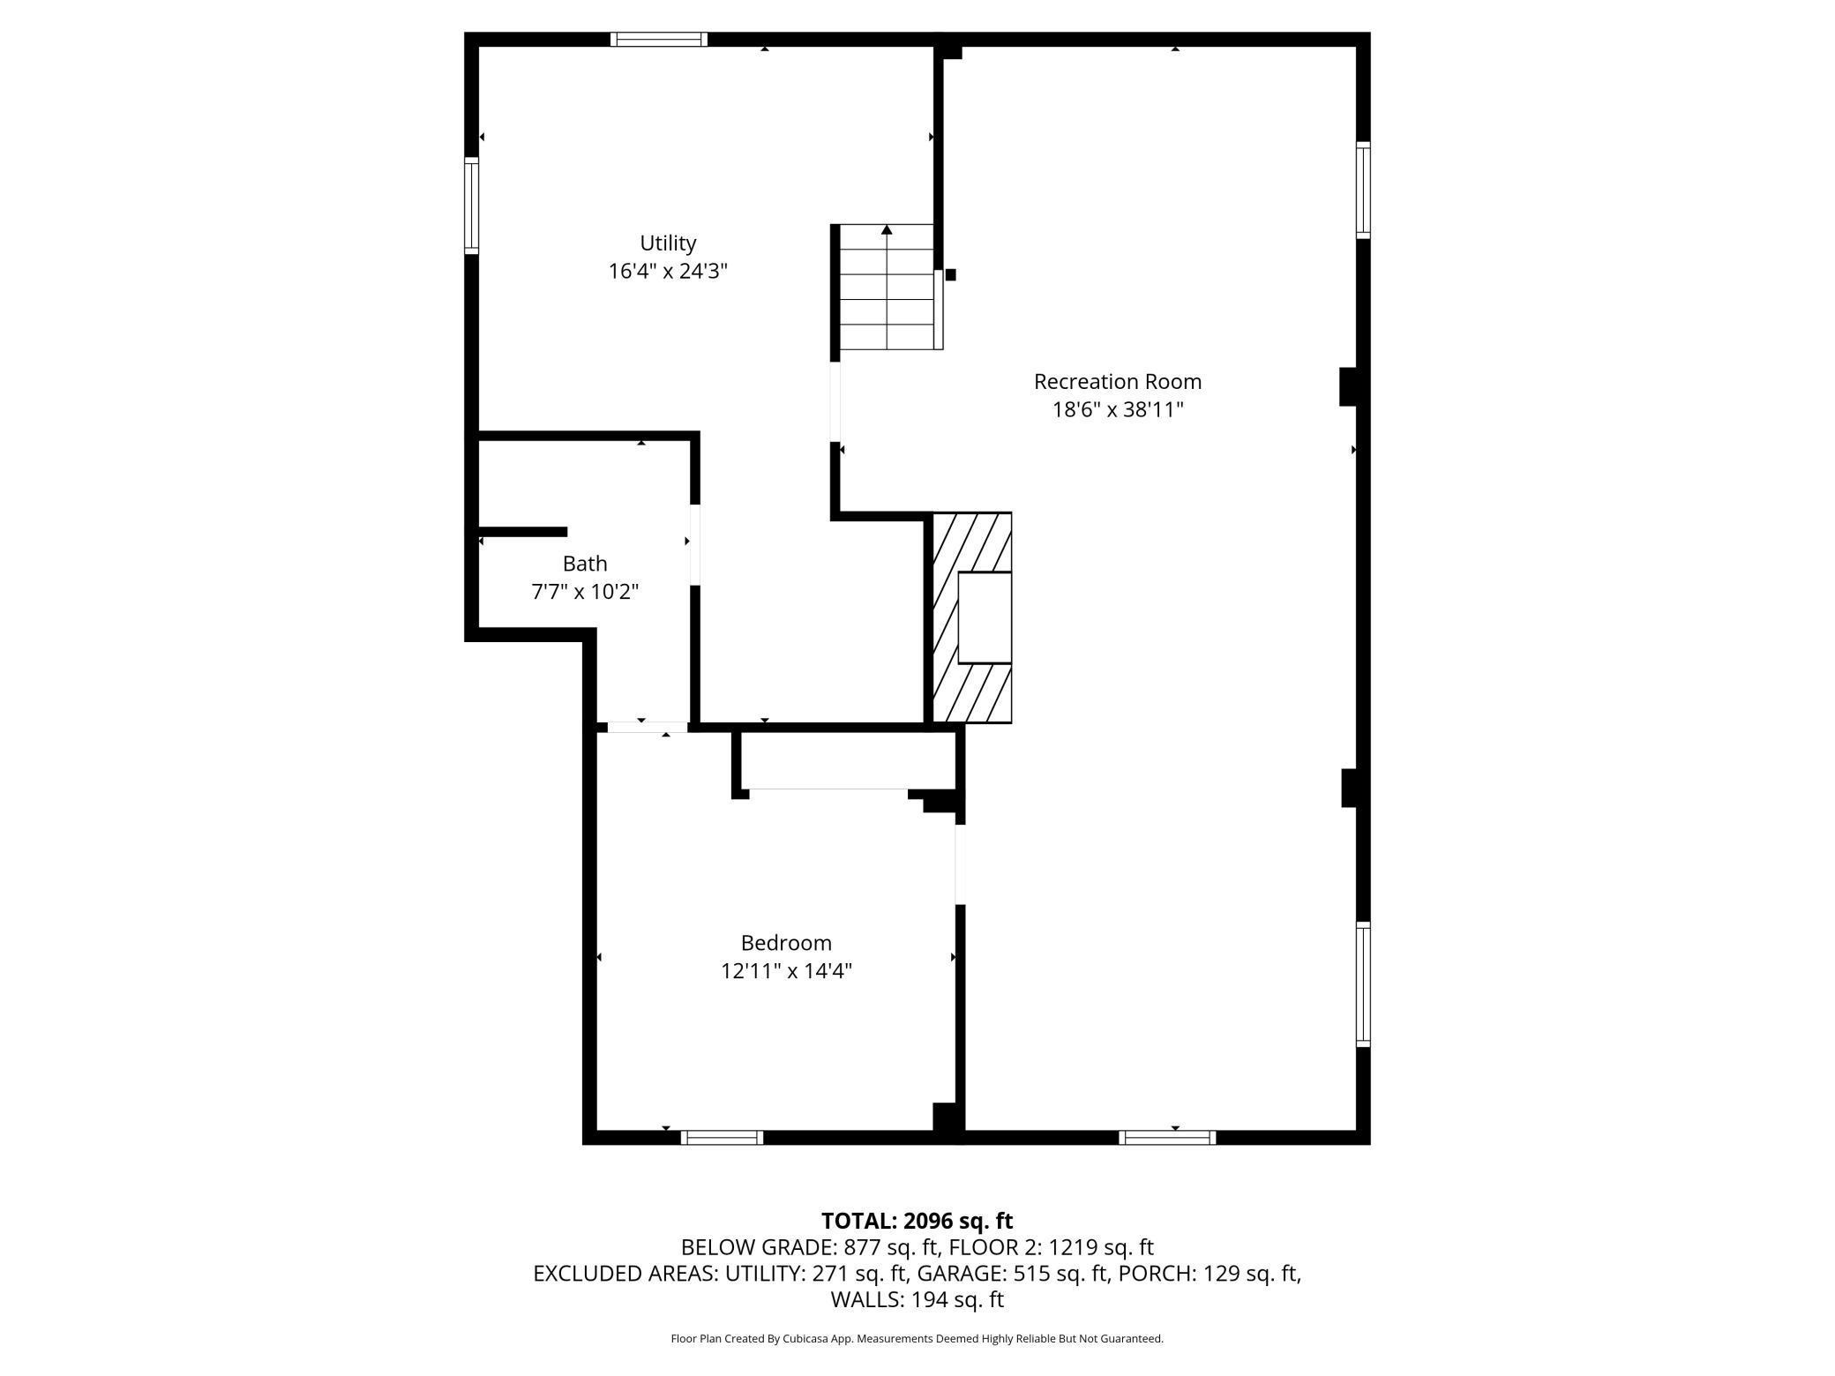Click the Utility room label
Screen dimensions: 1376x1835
click(668, 243)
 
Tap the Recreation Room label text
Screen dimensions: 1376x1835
click(1117, 382)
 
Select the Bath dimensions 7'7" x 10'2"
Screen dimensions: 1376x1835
click(584, 592)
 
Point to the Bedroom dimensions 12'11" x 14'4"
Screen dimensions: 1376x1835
click(785, 971)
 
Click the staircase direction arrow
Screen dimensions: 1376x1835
click(887, 231)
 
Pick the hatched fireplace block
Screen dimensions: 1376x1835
click(970, 617)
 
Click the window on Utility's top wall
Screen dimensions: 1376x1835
click(658, 39)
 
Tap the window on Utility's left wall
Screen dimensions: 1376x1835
click(472, 206)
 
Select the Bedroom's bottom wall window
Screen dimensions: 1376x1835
click(722, 1138)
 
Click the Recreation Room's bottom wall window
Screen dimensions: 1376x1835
click(1166, 1138)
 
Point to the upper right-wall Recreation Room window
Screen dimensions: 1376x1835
click(1363, 190)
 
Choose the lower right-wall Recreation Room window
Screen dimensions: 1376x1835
click(1363, 984)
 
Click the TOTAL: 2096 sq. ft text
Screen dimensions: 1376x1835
click(917, 1221)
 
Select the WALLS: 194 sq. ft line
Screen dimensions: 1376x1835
click(917, 1299)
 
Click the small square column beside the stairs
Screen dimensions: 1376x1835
click(950, 275)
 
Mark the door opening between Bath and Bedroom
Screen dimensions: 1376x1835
click(648, 728)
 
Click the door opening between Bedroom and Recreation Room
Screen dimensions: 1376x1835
click(960, 864)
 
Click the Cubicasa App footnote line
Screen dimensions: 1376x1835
click(917, 1339)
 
